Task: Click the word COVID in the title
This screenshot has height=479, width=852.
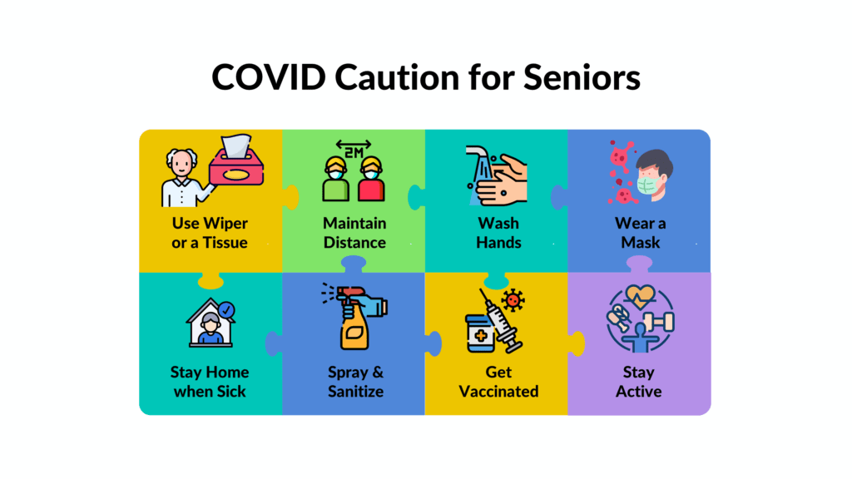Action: pos(269,77)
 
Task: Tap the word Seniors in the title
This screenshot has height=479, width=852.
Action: pos(582,77)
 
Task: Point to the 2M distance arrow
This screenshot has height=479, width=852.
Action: pos(353,145)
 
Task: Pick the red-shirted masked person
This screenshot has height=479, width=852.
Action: pos(371,180)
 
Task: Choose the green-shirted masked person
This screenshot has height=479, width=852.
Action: pos(336,180)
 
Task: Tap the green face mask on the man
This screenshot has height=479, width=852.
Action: pos(649,184)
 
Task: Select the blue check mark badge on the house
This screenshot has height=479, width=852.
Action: pos(226,310)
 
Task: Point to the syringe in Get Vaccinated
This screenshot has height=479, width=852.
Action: pos(500,321)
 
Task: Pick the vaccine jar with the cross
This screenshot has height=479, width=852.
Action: pos(480,333)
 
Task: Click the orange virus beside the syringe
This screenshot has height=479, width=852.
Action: pos(513,299)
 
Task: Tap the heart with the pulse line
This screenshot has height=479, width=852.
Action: pos(641,296)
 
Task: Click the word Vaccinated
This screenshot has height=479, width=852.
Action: pos(499,392)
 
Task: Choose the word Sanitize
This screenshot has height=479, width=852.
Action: pos(355,392)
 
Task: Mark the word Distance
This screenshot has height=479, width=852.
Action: pos(354,242)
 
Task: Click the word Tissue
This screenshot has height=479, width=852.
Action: pos(225,242)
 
